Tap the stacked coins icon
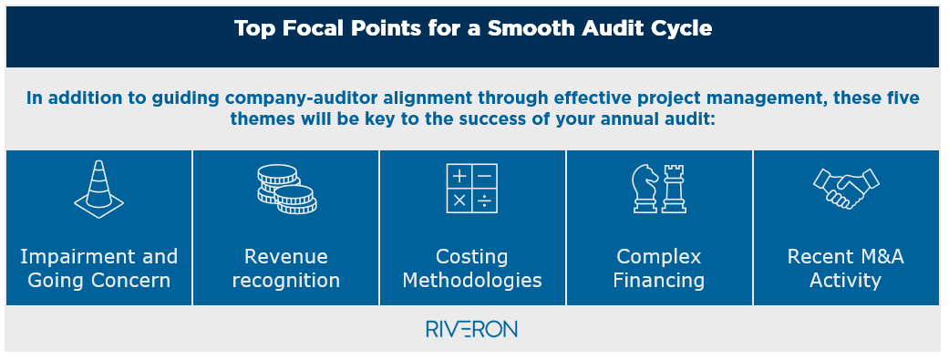[285, 189]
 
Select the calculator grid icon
[472, 190]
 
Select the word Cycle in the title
[679, 28]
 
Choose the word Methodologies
[472, 280]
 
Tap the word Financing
[658, 280]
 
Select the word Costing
[472, 256]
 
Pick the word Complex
[658, 256]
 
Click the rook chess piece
[673, 189]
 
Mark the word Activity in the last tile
[845, 280]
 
